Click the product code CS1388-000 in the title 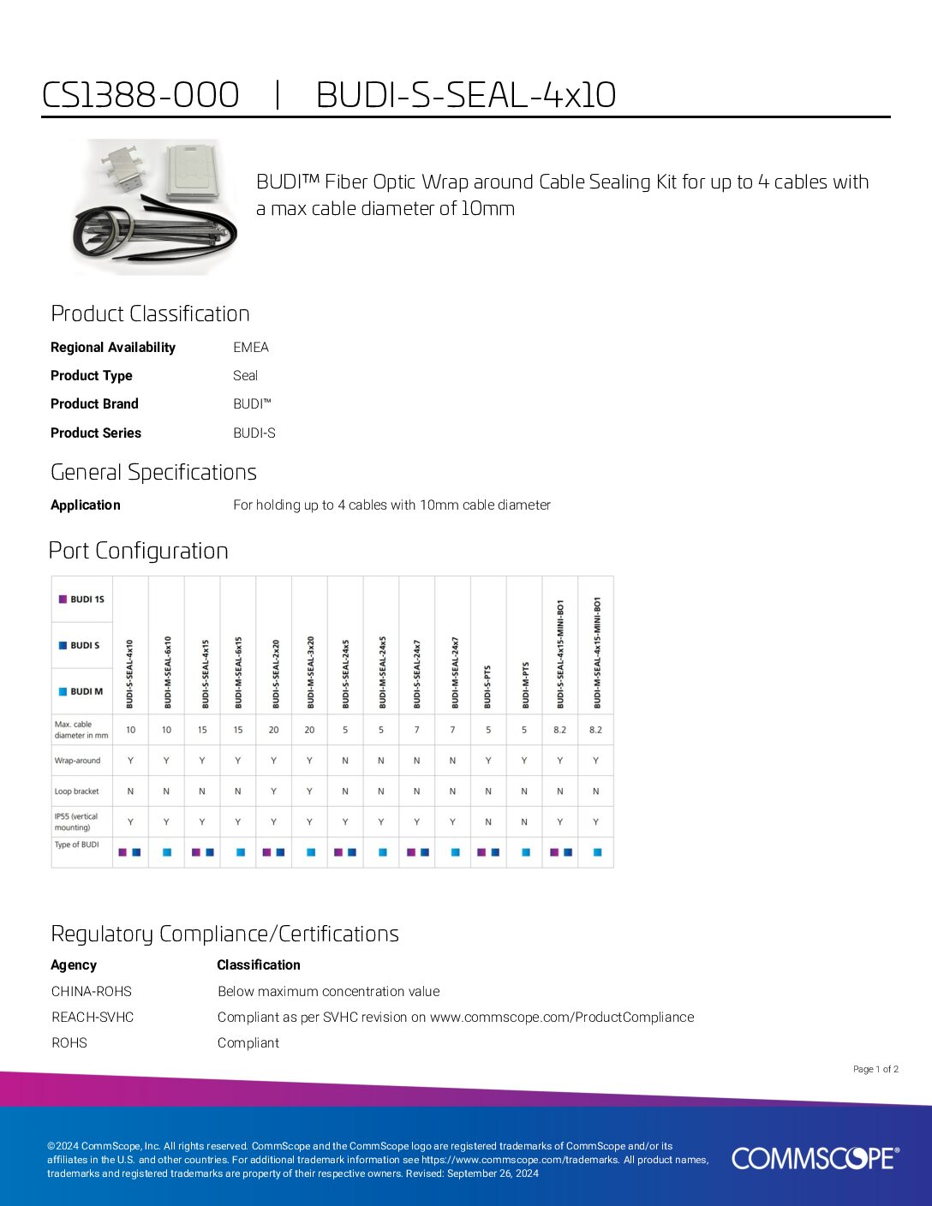(140, 95)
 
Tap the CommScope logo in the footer (815, 1158)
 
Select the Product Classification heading (150, 313)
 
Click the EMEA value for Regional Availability (251, 347)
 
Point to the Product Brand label (94, 403)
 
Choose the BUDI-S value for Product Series (254, 433)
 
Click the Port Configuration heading (139, 551)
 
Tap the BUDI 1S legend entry (82, 599)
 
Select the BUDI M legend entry (82, 691)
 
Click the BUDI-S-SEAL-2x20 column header (274, 672)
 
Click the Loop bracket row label (76, 791)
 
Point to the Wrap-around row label (77, 761)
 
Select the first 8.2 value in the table (559, 730)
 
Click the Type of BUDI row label (76, 845)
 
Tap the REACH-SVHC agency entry (93, 1017)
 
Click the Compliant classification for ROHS (248, 1042)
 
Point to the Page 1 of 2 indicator (875, 1069)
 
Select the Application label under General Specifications (86, 504)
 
